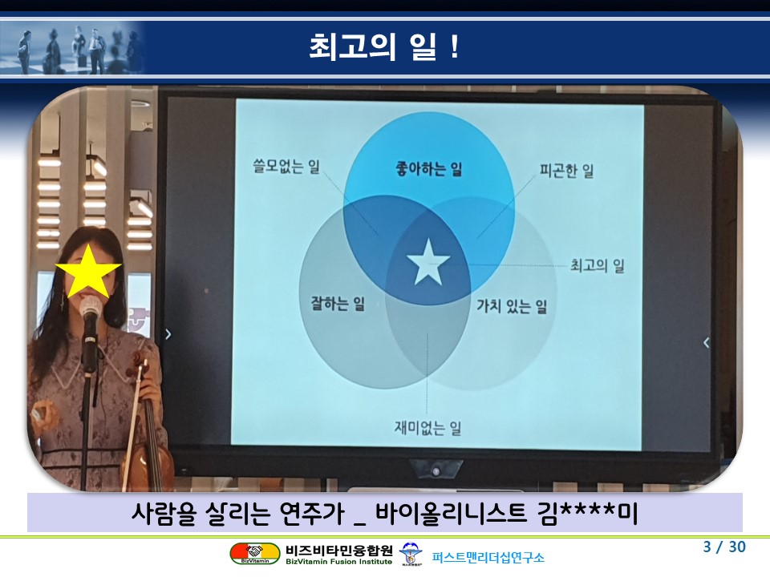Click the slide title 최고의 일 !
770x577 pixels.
point(384,47)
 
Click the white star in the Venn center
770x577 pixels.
point(428,263)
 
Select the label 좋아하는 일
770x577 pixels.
point(428,169)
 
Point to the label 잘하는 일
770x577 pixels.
point(338,303)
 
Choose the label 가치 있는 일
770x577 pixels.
point(512,306)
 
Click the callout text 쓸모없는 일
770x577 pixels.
point(286,167)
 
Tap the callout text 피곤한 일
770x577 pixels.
point(567,171)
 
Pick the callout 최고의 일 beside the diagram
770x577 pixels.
point(597,265)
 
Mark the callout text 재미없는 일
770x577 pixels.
point(428,428)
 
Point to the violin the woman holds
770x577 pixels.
point(147,422)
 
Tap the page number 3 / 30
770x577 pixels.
point(724,547)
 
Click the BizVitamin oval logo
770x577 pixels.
point(255,554)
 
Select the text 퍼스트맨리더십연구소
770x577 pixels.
point(488,558)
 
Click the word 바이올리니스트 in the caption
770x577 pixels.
point(451,513)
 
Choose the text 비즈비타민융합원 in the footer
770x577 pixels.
point(338,550)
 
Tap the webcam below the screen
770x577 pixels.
point(436,470)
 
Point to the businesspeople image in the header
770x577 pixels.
point(73,49)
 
